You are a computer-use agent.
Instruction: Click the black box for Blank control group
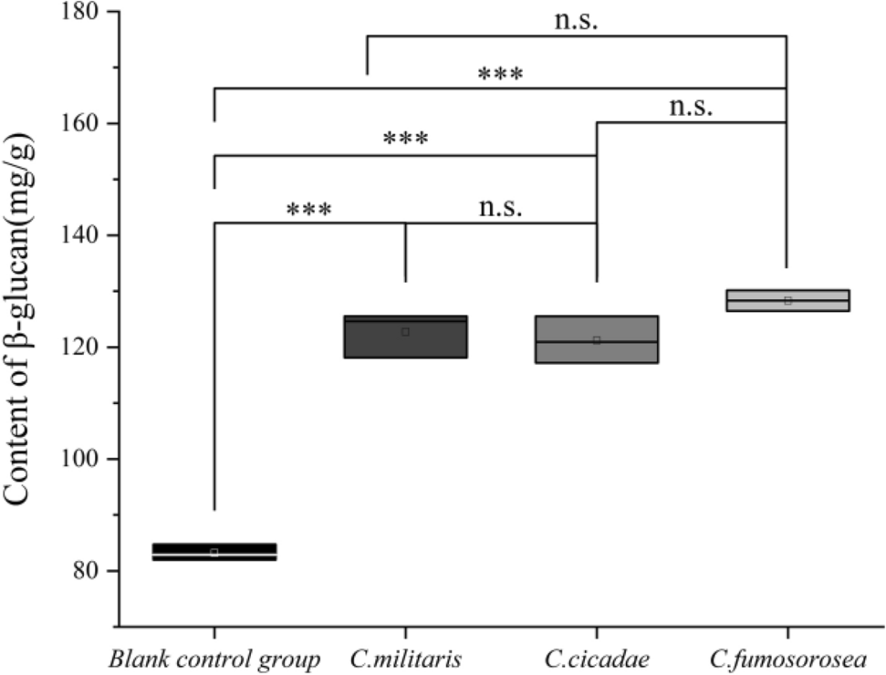pos(214,551)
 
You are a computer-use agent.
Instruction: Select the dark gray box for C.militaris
pos(405,337)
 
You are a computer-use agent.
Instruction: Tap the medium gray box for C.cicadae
pos(597,339)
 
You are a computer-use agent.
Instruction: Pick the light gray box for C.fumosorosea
pos(787,300)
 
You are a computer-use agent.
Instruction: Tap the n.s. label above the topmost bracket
pos(577,20)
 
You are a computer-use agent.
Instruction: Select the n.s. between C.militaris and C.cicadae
pos(501,206)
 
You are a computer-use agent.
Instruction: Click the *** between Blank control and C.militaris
pos(309,210)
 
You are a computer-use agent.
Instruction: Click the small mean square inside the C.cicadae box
pos(597,340)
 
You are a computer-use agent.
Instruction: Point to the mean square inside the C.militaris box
pos(405,332)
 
